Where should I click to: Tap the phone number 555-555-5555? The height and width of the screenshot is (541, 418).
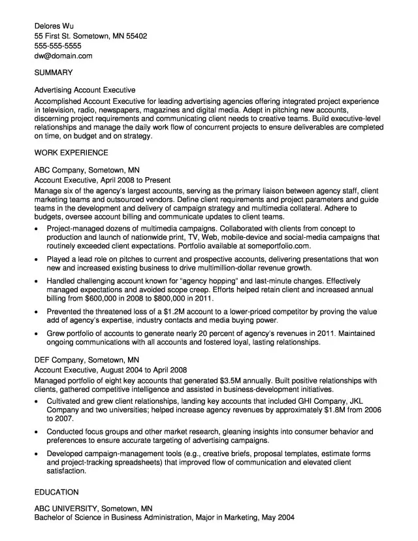(x=57, y=46)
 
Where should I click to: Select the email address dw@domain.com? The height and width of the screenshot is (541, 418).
(x=63, y=56)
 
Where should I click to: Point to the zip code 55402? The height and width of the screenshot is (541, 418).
(x=135, y=37)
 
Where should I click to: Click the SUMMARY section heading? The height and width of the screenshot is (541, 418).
(x=54, y=73)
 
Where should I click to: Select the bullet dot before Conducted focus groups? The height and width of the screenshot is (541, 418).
(x=37, y=432)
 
